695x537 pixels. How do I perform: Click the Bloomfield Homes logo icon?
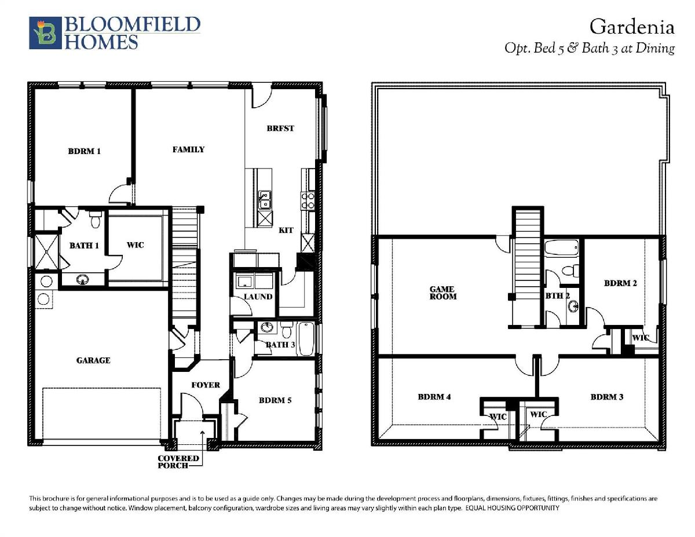pos(45,33)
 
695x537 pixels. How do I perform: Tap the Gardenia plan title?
pos(632,27)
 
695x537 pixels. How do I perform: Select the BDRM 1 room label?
pos(85,151)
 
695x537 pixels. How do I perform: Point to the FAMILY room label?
pos(188,149)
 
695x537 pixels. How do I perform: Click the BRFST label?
pos(280,128)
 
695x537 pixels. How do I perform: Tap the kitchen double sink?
pos(265,200)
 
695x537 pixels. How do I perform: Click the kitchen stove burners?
pos(308,200)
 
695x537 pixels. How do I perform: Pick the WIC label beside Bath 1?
pos(136,245)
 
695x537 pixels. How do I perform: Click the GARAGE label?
pos(93,360)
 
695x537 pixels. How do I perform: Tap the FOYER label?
pos(206,385)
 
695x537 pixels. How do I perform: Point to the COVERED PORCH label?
pos(178,462)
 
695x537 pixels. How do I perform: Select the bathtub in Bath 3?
pos(306,339)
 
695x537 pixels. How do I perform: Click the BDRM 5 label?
pos(275,400)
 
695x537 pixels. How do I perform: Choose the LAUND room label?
pos(258,297)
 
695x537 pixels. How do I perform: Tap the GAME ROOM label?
pos(443,293)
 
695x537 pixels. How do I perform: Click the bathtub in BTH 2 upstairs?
pos(562,248)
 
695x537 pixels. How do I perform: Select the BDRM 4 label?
pos(434,397)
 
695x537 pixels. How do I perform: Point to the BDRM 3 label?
pos(607,397)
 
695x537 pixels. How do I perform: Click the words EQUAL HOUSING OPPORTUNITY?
pos(513,507)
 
